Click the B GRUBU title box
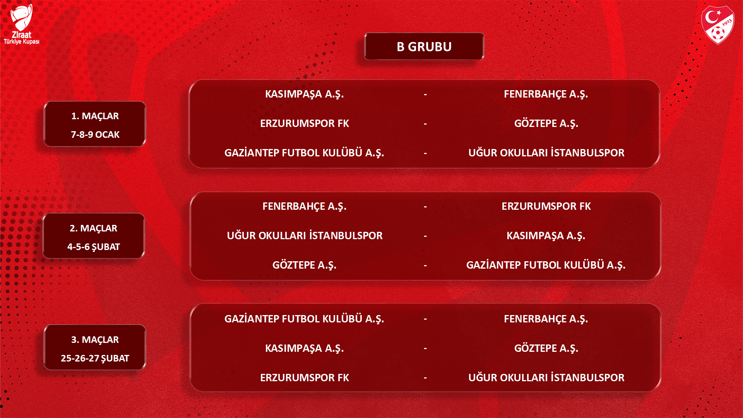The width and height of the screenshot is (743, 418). point(424,46)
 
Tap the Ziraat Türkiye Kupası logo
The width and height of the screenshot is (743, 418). point(21,24)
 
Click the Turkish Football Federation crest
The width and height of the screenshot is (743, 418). point(718,24)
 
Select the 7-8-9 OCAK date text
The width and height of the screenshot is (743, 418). point(95,135)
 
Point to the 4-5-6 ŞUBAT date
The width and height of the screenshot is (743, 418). point(94,247)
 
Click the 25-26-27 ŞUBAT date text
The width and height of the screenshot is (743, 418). point(95,358)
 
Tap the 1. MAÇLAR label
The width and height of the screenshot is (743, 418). point(95,116)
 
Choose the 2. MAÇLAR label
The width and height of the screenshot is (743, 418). point(93,228)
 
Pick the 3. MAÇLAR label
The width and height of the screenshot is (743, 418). point(95,340)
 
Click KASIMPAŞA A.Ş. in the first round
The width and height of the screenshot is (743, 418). point(305,94)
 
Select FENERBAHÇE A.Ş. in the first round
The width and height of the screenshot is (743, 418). point(546,94)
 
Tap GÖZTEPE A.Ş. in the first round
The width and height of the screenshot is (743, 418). point(546,123)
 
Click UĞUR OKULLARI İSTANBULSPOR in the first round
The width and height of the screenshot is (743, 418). point(546,153)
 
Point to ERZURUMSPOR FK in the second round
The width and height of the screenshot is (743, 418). point(546,206)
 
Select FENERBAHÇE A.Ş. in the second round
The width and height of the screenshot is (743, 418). point(305,207)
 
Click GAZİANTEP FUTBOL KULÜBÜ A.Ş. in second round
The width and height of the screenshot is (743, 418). point(546,265)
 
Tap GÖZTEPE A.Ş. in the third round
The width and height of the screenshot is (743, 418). point(546,348)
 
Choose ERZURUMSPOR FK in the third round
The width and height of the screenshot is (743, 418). point(305,378)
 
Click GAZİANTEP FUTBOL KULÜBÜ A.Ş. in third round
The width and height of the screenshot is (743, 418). point(304,319)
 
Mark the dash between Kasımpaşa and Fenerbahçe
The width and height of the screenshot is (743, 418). point(425,94)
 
